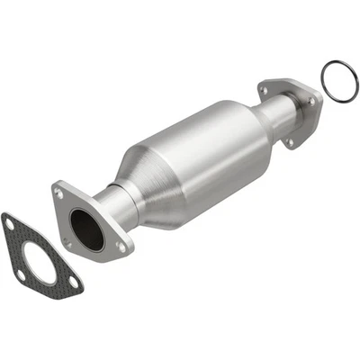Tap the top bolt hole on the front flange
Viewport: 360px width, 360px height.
pyautogui.click(x=62, y=190)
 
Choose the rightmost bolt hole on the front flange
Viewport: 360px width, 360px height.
pyautogui.click(x=121, y=244)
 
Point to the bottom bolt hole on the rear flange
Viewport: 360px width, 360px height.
pyautogui.click(x=291, y=141)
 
